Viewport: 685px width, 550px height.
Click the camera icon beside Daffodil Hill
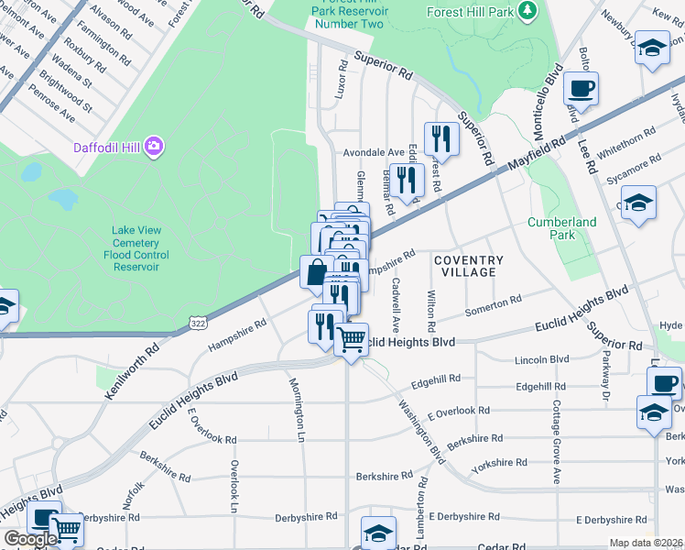point(153,146)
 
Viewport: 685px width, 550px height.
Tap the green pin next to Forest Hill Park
point(527,10)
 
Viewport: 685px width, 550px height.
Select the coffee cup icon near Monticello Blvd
point(581,90)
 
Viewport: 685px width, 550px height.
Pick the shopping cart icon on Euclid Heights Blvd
point(351,339)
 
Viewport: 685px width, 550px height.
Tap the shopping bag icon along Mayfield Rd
point(316,272)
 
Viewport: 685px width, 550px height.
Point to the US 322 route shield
point(197,322)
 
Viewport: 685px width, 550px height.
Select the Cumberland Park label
point(561,228)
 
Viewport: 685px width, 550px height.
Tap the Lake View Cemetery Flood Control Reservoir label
point(136,248)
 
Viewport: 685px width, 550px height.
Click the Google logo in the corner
point(30,539)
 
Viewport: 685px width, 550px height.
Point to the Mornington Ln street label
point(297,410)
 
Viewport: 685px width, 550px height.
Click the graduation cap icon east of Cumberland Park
point(638,203)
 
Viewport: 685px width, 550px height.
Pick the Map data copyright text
point(646,543)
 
